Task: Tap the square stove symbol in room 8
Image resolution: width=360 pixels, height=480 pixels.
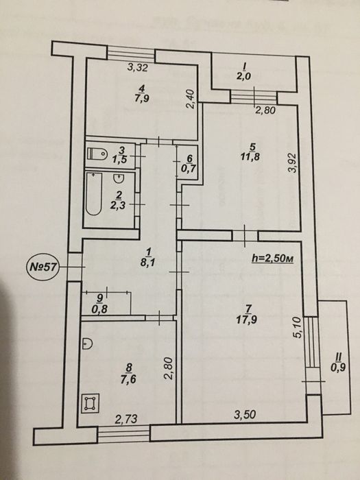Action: pyautogui.click(x=88, y=405)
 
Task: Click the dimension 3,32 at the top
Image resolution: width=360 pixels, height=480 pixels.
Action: pyautogui.click(x=139, y=67)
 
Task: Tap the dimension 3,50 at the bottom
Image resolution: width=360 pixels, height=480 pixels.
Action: pyautogui.click(x=245, y=414)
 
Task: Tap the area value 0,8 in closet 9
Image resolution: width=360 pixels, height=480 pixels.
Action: pyautogui.click(x=100, y=308)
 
